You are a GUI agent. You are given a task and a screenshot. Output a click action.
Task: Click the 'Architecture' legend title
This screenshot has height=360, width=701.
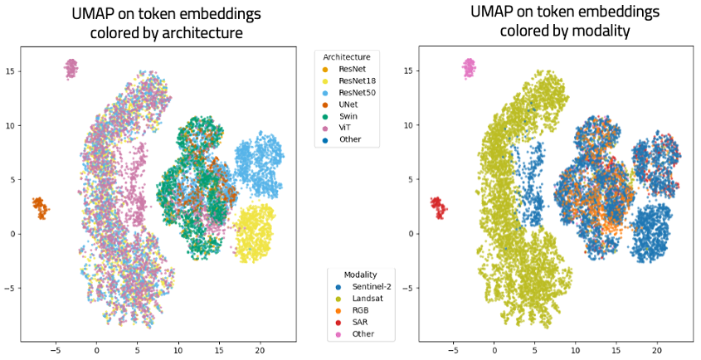(x=346, y=56)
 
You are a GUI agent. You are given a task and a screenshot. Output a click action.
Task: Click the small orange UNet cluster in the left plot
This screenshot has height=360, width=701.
(x=40, y=207)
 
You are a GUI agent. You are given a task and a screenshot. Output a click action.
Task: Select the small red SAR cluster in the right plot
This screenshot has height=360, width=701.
(x=437, y=207)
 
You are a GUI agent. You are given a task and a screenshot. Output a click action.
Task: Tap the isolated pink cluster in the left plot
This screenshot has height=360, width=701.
(x=71, y=68)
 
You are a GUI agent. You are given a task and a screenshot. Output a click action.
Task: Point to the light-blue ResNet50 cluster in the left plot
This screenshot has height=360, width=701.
(x=259, y=166)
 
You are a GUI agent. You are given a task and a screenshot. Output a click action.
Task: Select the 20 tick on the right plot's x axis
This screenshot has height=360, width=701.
(x=657, y=351)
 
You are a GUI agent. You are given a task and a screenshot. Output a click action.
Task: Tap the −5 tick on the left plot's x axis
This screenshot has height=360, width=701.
(x=56, y=351)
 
